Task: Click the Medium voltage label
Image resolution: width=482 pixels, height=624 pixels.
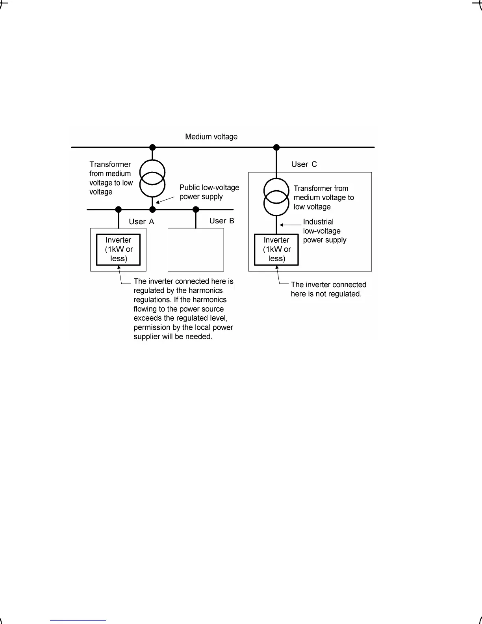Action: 211,137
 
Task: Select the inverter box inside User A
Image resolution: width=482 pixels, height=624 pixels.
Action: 119,249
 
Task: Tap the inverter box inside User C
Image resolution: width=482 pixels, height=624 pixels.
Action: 276,249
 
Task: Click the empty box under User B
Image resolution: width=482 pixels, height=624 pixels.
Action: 196,250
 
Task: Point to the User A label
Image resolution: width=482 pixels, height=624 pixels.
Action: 141,222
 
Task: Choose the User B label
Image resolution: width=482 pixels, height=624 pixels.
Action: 222,221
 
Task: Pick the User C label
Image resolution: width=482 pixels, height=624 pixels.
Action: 304,164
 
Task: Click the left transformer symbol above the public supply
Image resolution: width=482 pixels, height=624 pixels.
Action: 152,178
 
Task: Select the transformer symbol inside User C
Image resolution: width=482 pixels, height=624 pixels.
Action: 276,197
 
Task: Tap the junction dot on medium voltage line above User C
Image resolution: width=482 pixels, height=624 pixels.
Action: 276,147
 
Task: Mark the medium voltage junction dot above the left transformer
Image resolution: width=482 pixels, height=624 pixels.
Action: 153,147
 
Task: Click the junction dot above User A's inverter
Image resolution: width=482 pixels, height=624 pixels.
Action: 119,210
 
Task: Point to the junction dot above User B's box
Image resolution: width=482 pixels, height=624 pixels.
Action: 196,210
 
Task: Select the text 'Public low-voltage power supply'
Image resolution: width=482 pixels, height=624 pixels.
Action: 209,192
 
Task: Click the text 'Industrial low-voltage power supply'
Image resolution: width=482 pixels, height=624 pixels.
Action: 324,231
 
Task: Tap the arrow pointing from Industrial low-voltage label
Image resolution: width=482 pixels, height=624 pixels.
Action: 290,225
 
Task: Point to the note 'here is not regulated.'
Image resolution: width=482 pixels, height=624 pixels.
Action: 326,294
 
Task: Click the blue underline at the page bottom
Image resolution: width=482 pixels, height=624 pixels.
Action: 78,621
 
